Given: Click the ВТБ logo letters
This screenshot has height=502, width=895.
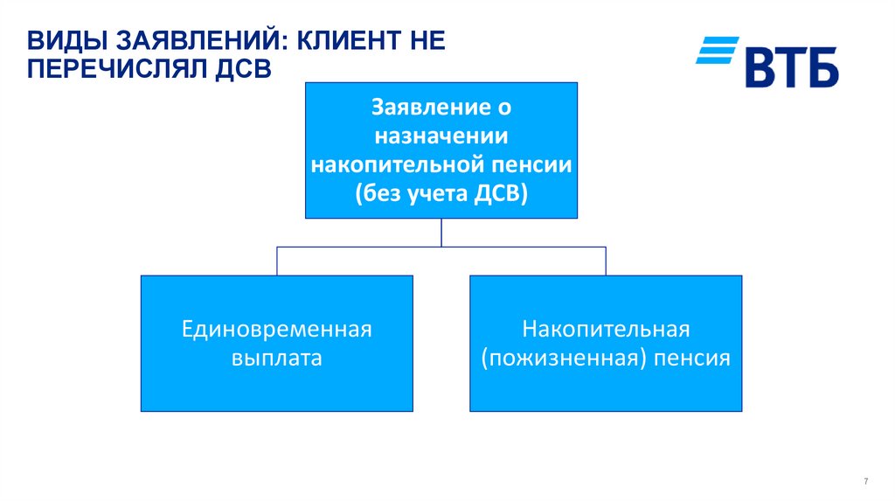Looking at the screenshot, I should (791, 66).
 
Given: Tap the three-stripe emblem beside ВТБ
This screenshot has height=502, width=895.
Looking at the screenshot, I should (717, 51).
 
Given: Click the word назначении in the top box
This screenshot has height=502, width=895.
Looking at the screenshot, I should (441, 136).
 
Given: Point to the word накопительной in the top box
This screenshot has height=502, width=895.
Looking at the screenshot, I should (399, 164).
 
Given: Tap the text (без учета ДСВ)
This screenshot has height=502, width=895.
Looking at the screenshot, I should (441, 193).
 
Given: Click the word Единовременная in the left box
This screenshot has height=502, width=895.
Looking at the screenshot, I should (276, 330).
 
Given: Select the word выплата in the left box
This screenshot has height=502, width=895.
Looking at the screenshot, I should (276, 358).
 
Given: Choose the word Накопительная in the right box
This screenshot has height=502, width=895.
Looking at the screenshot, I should (606, 330).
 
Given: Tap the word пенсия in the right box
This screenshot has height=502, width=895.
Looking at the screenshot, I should (690, 358).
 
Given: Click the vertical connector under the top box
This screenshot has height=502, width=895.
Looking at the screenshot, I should (441, 233).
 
